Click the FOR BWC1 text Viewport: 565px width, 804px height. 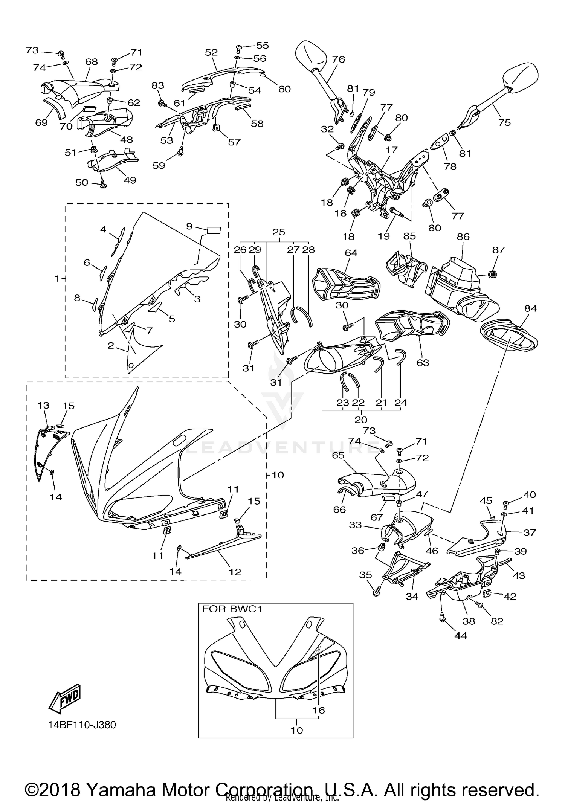[232, 609]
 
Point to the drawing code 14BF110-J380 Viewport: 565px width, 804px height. [82, 725]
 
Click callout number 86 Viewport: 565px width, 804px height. [463, 236]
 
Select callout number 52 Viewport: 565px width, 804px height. [211, 52]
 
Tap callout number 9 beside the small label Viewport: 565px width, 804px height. [189, 226]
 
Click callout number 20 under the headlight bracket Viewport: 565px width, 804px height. [361, 419]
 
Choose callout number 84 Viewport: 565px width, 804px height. [530, 308]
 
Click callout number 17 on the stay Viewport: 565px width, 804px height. [391, 150]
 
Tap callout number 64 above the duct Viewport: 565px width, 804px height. [351, 252]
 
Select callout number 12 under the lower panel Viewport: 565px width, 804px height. [235, 572]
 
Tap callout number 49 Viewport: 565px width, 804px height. [130, 180]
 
